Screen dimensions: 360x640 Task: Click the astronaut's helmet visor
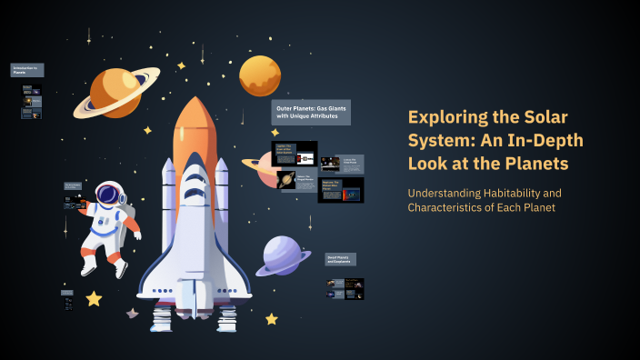tap(109, 194)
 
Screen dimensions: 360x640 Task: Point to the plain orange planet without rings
tap(260, 75)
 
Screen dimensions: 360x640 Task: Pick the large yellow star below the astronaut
tap(94, 298)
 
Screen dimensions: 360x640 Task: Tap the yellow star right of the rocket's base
tap(271, 319)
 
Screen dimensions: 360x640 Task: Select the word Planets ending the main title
tap(535, 165)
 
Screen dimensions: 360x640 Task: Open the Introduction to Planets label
tap(26, 69)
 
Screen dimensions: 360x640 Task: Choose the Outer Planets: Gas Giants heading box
tap(311, 113)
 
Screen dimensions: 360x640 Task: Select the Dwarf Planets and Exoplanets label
tap(341, 259)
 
